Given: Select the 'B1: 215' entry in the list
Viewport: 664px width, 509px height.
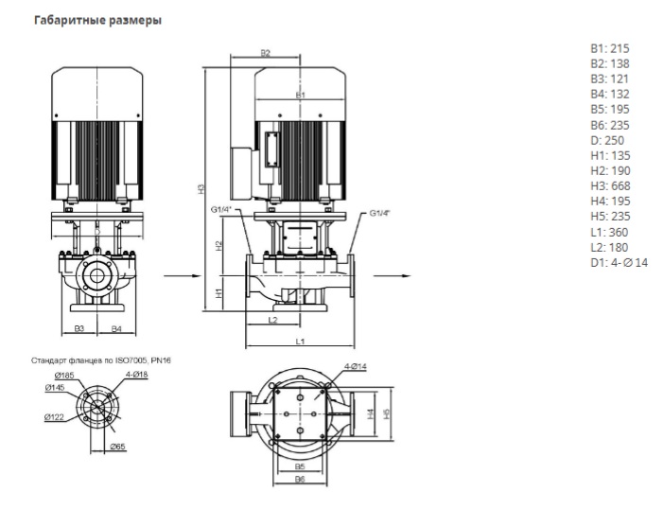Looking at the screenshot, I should (x=610, y=48).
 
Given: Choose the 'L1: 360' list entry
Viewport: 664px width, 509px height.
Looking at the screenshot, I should (x=609, y=232).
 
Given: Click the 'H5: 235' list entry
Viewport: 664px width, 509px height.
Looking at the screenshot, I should (x=610, y=217).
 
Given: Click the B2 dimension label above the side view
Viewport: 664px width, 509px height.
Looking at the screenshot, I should (x=266, y=54).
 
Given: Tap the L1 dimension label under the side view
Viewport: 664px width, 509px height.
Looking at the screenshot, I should (x=299, y=339).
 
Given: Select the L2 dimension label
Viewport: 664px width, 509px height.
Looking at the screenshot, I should (x=273, y=321).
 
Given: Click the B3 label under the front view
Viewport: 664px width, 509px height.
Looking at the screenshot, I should (x=79, y=328).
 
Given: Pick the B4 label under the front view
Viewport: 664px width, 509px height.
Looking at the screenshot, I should (x=115, y=328).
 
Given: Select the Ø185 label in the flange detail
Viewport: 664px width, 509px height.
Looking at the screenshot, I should (x=53, y=376).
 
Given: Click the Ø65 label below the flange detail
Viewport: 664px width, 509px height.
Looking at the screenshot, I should (x=117, y=445).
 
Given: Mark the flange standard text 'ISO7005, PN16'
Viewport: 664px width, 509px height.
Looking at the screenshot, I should (x=143, y=360).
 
